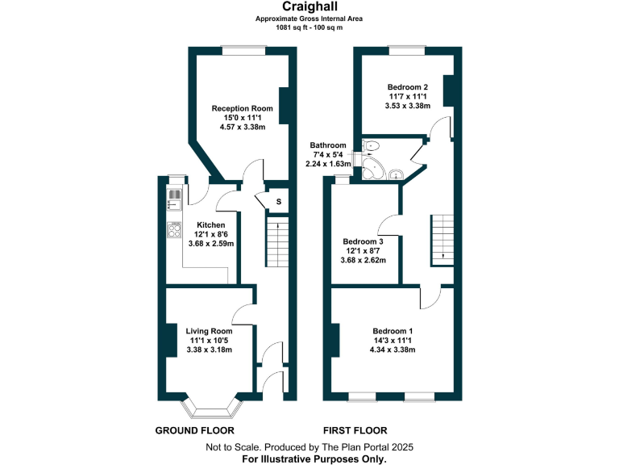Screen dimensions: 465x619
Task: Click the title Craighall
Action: click(309, 6)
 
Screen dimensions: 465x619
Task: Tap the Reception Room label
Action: click(243, 108)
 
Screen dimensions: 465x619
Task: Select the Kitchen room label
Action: click(210, 225)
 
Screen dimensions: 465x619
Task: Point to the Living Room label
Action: click(209, 331)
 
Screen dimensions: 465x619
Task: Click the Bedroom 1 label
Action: click(393, 331)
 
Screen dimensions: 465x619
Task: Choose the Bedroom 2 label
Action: click(407, 87)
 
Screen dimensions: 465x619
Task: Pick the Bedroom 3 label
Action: click(363, 241)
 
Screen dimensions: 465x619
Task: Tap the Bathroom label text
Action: click(329, 145)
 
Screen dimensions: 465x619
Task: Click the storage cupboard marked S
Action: click(279, 201)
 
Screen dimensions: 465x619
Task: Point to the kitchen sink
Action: click(174, 198)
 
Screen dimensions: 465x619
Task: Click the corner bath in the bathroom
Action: click(373, 170)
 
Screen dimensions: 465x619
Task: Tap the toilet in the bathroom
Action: click(371, 146)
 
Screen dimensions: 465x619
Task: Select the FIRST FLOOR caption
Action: click(355, 430)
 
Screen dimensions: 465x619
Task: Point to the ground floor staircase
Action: click(276, 242)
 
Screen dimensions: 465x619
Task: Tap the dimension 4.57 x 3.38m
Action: click(243, 127)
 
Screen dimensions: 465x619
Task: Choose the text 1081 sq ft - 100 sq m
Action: click(309, 27)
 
